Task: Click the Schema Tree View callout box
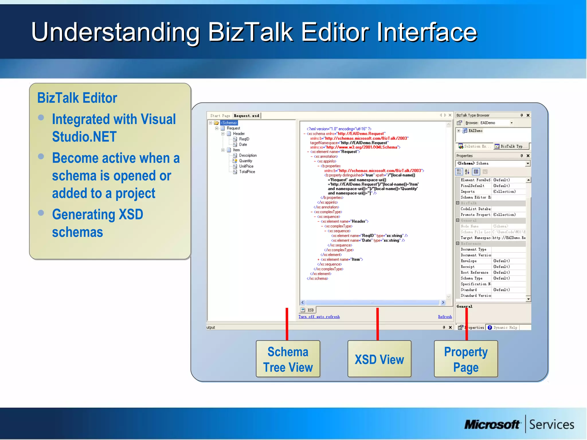tap(288, 359)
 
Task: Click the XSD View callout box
tap(379, 359)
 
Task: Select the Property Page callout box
tap(466, 359)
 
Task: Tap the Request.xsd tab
tap(246, 116)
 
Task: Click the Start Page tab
tap(220, 116)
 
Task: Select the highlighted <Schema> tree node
tap(229, 123)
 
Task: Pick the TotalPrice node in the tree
tap(247, 172)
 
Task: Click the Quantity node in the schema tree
tap(245, 161)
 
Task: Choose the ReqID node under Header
tap(244, 139)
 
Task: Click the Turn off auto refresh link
tap(319, 317)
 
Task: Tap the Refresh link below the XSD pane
tap(445, 317)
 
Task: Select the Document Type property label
tap(473, 250)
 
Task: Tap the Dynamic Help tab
tap(503, 328)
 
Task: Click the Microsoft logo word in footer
tap(492, 425)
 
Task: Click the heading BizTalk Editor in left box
tap(77, 98)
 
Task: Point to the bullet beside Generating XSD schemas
tap(41, 213)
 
